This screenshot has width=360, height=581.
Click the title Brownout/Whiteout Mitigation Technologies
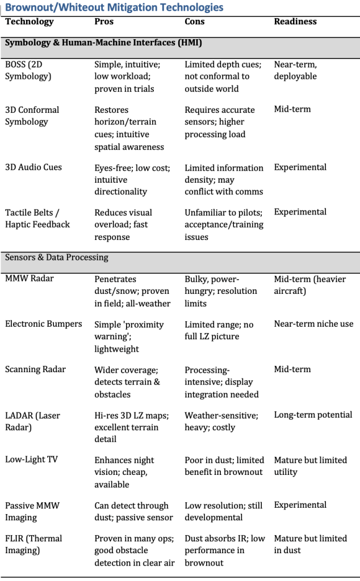click(114, 7)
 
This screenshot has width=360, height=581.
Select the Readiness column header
click(295, 22)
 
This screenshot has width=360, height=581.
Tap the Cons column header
click(195, 22)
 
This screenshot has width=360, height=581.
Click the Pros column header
click(104, 22)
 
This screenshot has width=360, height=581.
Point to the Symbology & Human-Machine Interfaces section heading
click(104, 43)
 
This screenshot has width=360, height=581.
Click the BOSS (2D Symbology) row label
click(28, 70)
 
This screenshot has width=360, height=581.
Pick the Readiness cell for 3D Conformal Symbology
click(292, 109)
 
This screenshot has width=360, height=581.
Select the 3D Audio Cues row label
click(34, 167)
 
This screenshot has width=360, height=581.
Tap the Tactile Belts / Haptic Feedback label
click(37, 218)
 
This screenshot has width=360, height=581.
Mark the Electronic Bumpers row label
click(44, 324)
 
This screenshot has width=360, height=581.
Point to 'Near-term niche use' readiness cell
click(313, 324)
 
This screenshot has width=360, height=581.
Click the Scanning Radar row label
click(35, 369)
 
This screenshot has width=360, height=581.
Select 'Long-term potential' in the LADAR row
click(313, 415)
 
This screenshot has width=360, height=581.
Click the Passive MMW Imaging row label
click(32, 511)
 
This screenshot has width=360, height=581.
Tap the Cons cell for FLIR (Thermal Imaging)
click(224, 550)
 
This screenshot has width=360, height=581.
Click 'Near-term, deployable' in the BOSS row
click(295, 70)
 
